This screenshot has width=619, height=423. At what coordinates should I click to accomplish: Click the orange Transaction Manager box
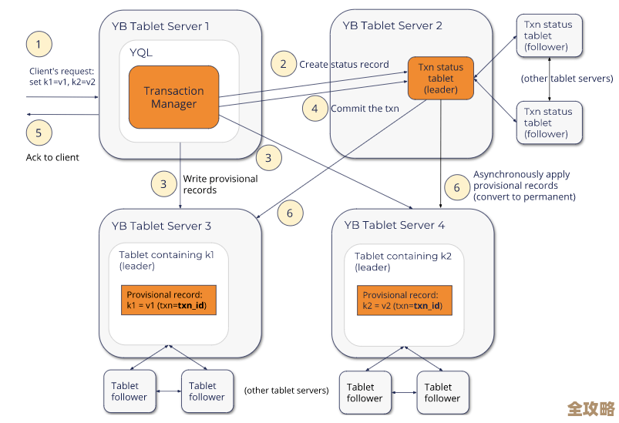point(173,97)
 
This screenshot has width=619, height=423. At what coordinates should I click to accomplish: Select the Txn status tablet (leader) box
point(440,78)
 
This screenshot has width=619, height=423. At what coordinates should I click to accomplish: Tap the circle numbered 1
point(39,43)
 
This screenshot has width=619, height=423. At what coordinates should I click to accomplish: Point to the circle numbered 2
point(284,63)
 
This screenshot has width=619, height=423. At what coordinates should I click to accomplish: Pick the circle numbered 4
point(315,108)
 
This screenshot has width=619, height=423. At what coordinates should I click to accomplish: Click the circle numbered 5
point(39,131)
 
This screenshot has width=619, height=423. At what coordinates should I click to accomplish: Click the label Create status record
point(344,64)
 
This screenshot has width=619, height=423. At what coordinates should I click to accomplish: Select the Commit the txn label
point(365,109)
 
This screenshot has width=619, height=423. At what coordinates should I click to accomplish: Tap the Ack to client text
point(52,157)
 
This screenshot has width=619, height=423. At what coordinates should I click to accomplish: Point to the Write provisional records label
point(209,184)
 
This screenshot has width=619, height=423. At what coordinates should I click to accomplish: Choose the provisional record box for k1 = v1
point(169,300)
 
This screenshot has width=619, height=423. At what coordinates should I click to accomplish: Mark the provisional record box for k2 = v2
point(404,300)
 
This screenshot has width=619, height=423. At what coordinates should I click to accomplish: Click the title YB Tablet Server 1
point(160,26)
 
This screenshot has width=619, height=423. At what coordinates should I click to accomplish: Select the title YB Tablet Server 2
point(393,25)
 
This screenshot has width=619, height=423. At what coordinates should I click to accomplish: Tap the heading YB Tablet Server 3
point(161,226)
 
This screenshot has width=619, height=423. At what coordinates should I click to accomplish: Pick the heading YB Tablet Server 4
point(394,226)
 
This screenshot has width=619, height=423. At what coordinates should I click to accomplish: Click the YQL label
point(141,52)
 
